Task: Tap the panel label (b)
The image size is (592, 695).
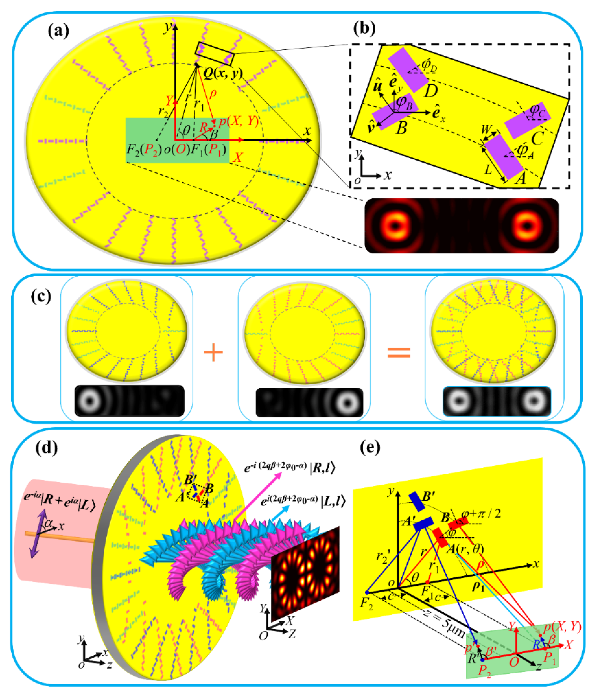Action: click(364, 29)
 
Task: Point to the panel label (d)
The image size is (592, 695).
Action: click(46, 448)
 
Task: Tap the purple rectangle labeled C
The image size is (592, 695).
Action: click(527, 120)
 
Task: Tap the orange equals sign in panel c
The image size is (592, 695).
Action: click(399, 352)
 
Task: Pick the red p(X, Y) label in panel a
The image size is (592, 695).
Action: click(238, 122)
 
